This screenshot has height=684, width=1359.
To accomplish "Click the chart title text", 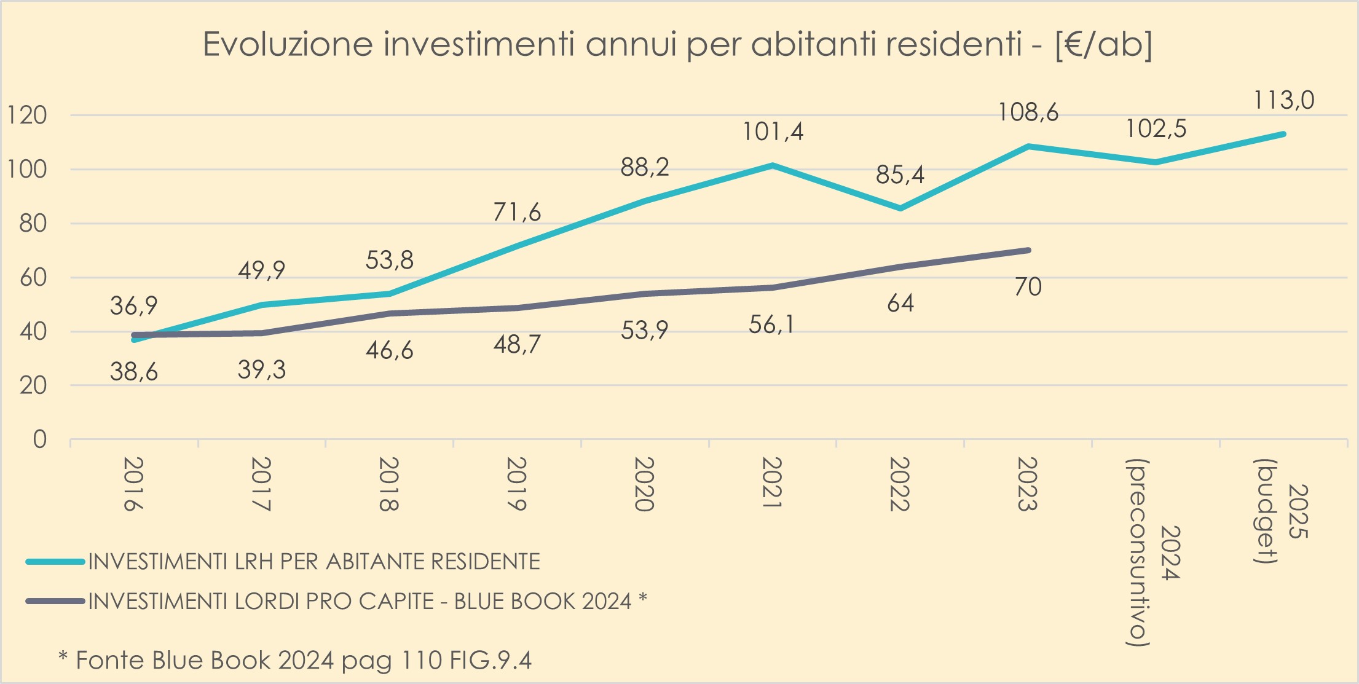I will coord(677,45).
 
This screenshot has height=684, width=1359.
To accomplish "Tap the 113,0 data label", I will coord(1283,100).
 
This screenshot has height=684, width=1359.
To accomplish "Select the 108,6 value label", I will coord(1028,112).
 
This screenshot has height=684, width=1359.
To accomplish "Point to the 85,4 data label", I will coord(900,175).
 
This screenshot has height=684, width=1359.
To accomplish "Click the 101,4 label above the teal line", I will coord(773,132).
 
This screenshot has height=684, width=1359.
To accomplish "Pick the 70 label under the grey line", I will coord(1028,287).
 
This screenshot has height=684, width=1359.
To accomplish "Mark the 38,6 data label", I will coord(134,372).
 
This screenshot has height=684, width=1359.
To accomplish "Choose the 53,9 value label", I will coord(644,331).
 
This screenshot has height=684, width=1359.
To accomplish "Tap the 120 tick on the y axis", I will coord(26,115).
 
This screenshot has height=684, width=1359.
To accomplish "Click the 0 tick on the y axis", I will coord(39,439).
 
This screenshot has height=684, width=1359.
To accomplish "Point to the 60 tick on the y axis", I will coord(33,277).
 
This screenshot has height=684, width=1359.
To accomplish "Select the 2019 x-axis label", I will coord(516,484).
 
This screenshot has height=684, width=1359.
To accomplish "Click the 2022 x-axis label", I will coord(899,484).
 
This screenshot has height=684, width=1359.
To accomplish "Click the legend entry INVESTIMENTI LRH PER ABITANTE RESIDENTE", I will coord(313,562).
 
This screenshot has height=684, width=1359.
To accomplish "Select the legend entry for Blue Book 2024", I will coord(367,601).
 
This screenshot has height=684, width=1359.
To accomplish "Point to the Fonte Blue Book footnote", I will coord(295,661).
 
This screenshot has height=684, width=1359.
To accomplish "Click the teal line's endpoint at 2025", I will coord(1283,134).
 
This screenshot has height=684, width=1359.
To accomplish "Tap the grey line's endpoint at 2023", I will coord(1028,250).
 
